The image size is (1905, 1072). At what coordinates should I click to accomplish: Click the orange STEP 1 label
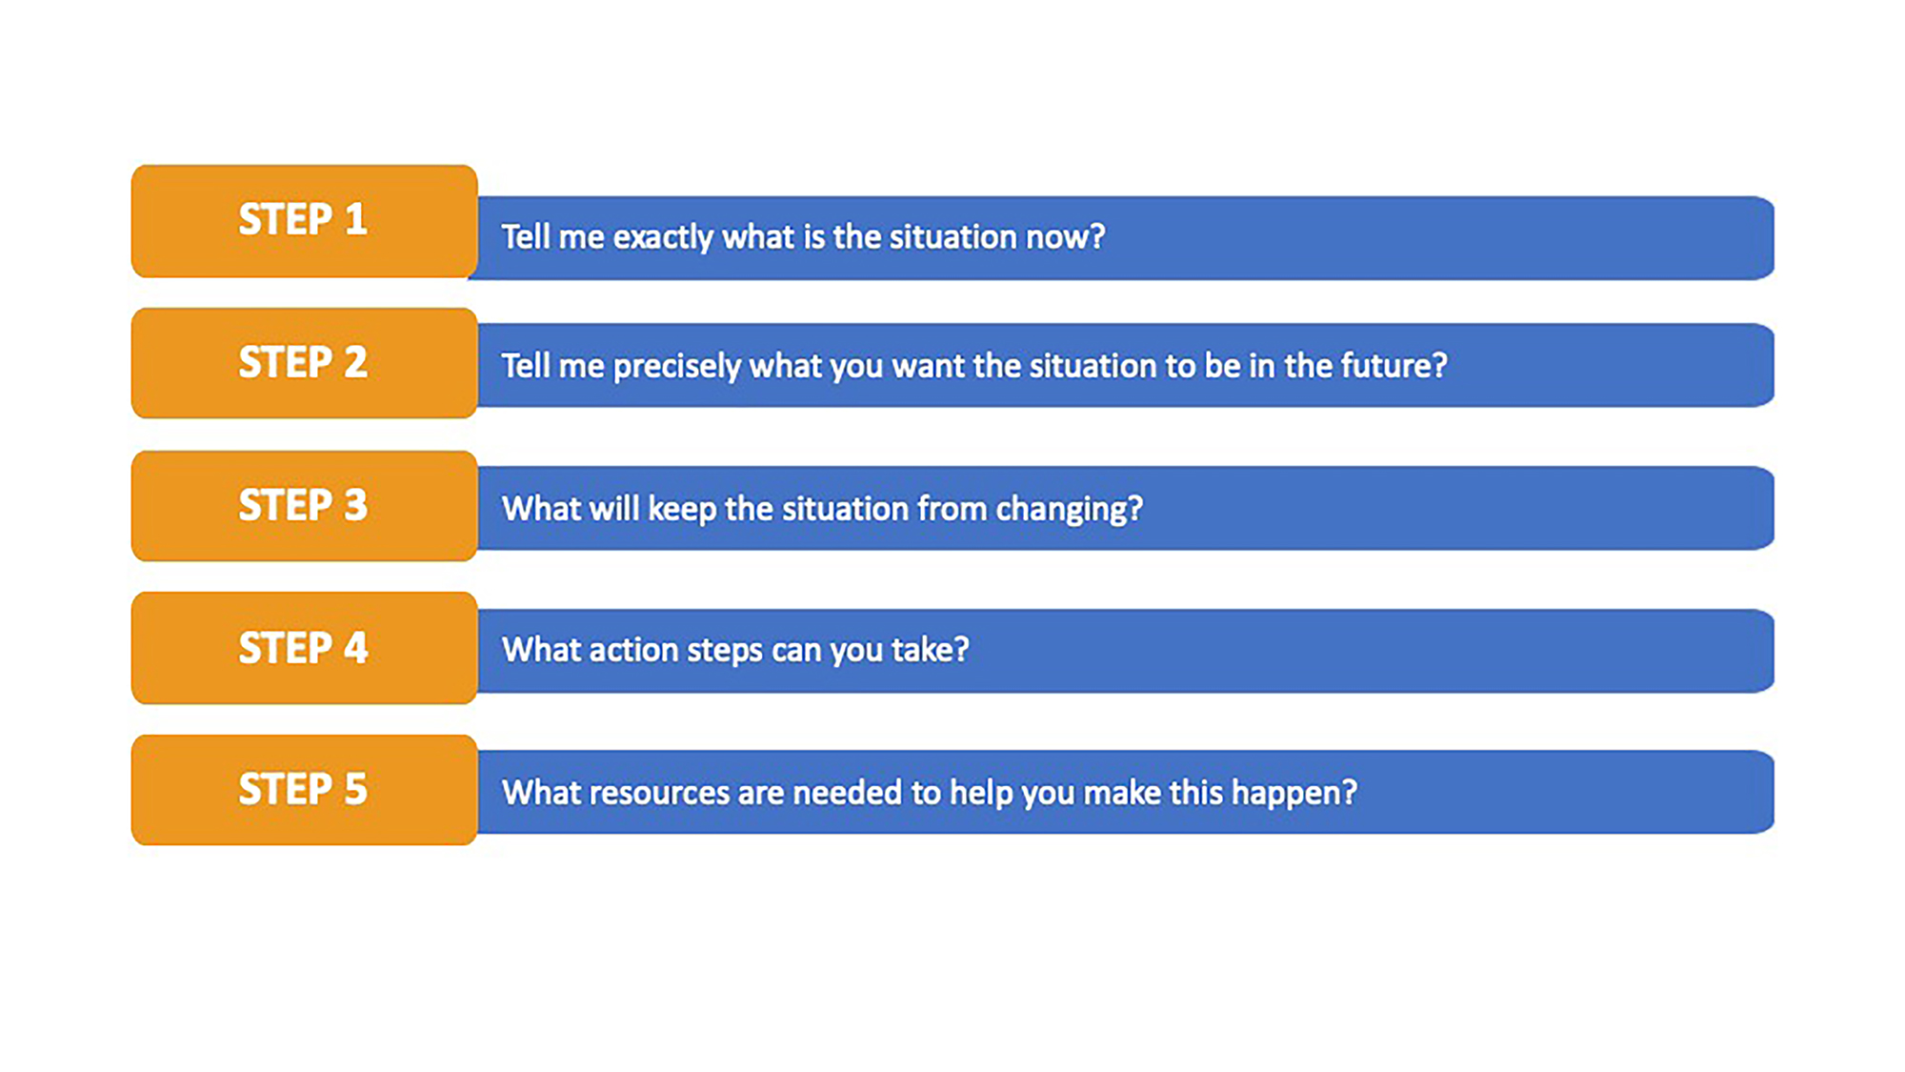click(x=304, y=221)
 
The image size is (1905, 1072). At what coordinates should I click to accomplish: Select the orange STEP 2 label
click(x=304, y=363)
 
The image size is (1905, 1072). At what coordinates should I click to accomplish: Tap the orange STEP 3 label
click(x=304, y=506)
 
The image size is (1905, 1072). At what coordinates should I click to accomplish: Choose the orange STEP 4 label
click(x=304, y=648)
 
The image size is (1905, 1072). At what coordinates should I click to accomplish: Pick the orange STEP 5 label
click(x=304, y=790)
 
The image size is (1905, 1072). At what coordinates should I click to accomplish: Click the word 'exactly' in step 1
click(x=663, y=237)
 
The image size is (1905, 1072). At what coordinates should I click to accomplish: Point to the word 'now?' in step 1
click(x=1065, y=237)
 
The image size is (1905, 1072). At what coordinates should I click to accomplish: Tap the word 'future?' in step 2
click(x=1394, y=365)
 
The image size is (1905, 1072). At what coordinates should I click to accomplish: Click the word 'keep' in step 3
click(x=682, y=510)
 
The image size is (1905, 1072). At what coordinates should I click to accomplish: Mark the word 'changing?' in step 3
click(x=1069, y=510)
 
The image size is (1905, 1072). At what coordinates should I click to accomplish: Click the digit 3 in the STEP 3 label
click(x=356, y=505)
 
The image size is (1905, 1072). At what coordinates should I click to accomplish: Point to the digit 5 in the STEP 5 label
click(x=356, y=789)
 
